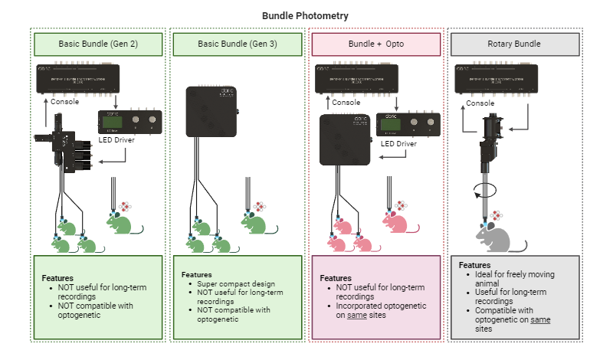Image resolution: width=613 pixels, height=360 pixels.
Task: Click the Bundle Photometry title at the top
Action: tap(306, 15)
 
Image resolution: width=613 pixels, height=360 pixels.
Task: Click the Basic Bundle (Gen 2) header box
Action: tap(98, 44)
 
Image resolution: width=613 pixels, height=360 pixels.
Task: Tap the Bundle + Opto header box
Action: tap(375, 44)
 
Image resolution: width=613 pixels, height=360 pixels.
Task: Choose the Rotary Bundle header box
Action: tap(514, 44)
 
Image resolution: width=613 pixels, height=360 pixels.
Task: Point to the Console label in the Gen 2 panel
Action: tap(66, 102)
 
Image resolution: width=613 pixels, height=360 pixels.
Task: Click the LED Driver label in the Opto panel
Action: tap(398, 143)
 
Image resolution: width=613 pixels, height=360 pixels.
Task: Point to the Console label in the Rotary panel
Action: tap(481, 103)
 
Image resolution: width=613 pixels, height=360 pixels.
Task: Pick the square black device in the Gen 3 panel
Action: tap(211, 111)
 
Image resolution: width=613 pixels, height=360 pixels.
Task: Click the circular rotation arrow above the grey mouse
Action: tap(487, 189)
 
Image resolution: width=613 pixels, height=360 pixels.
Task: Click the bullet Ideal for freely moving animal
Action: tap(514, 279)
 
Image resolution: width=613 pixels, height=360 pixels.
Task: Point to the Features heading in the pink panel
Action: tap(336, 278)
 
